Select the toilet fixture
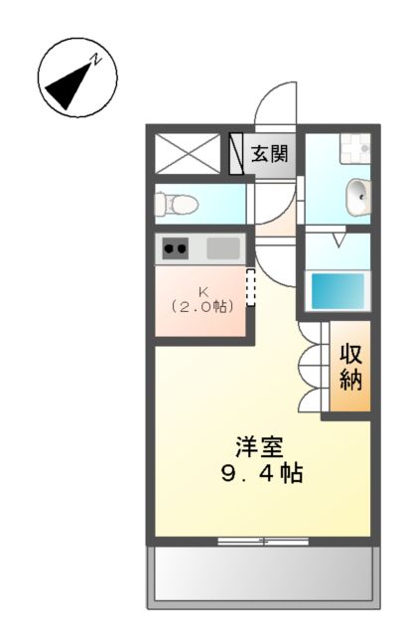click(x=179, y=204)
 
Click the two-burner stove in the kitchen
click(x=176, y=248)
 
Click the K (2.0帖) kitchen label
click(x=202, y=299)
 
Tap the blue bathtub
click(x=336, y=291)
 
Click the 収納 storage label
click(x=351, y=366)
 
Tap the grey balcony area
click(x=262, y=575)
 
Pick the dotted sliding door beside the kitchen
click(x=250, y=287)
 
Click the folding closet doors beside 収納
click(x=314, y=367)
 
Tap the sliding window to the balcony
click(x=264, y=542)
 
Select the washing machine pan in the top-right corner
click(x=352, y=149)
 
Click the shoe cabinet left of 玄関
click(x=236, y=153)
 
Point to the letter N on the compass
click(x=97, y=60)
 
